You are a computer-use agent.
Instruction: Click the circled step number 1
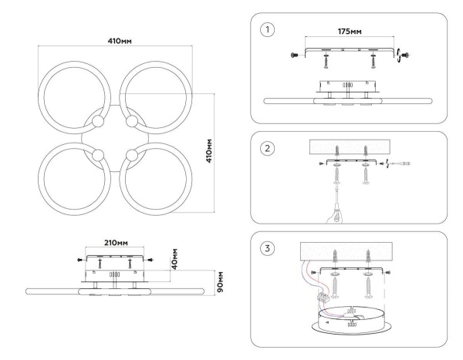[x=268, y=31]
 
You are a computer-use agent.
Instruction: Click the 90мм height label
[x=218, y=282]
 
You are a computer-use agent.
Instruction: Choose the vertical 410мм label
[x=219, y=153]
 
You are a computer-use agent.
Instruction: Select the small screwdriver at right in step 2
[x=403, y=163]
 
